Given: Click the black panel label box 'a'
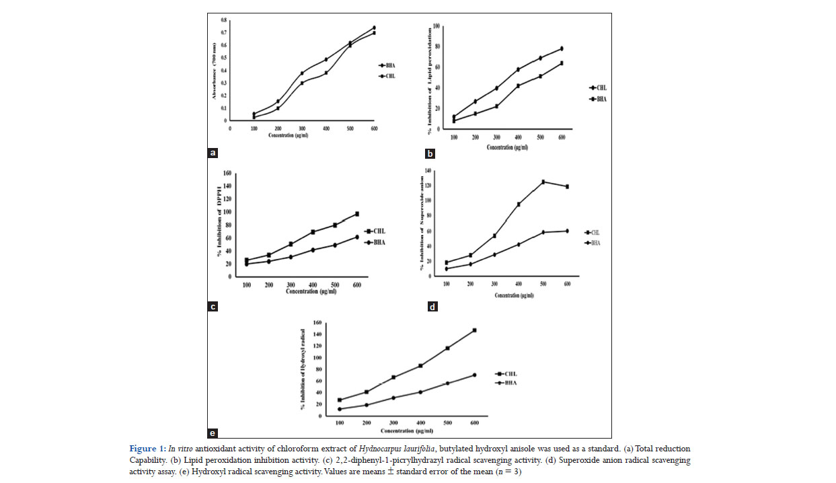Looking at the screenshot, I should (213, 153).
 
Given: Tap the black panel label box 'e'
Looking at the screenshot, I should (213, 433).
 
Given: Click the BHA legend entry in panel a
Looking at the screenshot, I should (387, 66).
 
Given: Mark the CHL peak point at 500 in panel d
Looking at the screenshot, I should (543, 182).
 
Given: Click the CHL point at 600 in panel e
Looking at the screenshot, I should (474, 330).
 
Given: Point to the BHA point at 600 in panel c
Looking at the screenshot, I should (357, 237).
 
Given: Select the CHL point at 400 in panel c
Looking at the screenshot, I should (313, 232).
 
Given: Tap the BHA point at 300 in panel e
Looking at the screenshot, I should (393, 398).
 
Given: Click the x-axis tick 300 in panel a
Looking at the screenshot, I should (301, 128).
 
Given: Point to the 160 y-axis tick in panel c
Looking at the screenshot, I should (228, 173).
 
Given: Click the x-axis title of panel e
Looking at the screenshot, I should (407, 431).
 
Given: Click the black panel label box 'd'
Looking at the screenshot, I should (432, 307).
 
